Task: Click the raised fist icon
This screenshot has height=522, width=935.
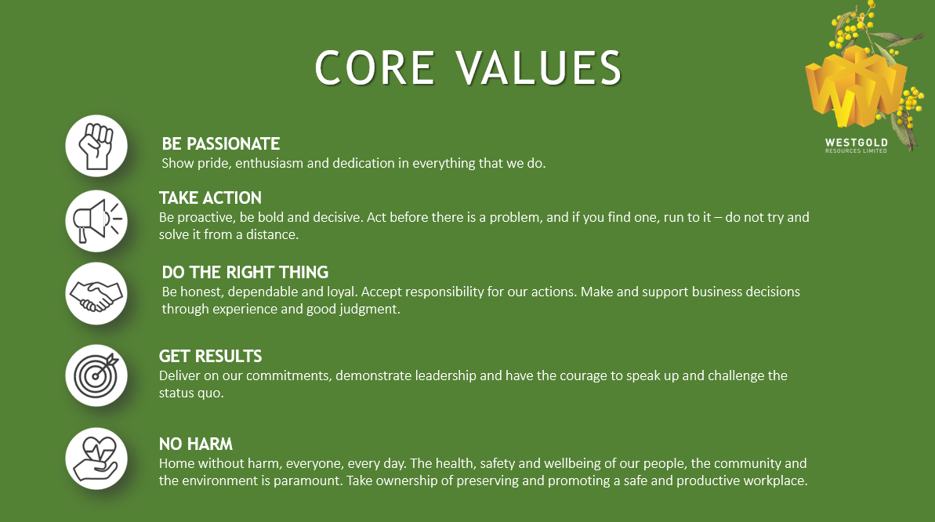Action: coord(96,146)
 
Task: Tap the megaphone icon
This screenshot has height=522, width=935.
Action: coord(96,221)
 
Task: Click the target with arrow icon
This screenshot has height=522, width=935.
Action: coord(96,375)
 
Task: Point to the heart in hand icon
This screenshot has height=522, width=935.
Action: coord(96,459)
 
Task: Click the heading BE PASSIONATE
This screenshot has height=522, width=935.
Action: coord(221,143)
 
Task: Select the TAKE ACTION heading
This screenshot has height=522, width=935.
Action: coord(210,198)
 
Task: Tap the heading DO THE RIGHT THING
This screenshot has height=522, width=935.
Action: coord(245,273)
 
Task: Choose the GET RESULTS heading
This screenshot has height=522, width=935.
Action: coord(210,356)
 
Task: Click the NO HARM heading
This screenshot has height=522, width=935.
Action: coord(196,444)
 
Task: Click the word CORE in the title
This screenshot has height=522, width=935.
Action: coord(375,68)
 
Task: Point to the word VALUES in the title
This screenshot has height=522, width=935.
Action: coord(539,68)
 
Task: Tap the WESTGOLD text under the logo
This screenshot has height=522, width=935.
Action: coord(857,143)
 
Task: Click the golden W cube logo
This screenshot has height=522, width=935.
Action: coord(854,89)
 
